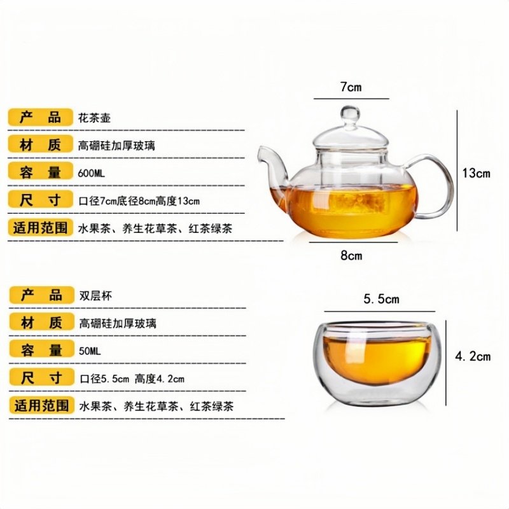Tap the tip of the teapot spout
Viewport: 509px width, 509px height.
click(260, 150)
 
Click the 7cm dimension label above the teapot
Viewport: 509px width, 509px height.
click(351, 87)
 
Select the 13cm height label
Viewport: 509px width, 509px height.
click(476, 173)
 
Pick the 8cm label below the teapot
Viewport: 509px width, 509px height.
click(351, 256)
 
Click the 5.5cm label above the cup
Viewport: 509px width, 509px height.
click(381, 299)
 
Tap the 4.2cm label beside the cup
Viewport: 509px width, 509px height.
click(473, 357)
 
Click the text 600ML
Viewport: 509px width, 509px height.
click(91, 173)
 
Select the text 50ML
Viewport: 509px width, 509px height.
click(90, 351)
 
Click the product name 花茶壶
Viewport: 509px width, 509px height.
click(94, 118)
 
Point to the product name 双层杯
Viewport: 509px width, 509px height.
click(95, 296)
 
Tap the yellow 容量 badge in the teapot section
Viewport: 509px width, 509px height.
click(40, 171)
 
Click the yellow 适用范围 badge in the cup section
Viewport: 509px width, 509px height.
click(41, 405)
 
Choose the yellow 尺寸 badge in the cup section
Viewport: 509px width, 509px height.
click(41, 377)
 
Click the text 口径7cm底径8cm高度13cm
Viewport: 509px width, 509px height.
click(139, 201)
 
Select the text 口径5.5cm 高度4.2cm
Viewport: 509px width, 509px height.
click(132, 379)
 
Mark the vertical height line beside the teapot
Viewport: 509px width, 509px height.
click(457, 171)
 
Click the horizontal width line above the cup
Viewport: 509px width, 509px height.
click(379, 311)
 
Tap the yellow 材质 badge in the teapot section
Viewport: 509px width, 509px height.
click(40, 144)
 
